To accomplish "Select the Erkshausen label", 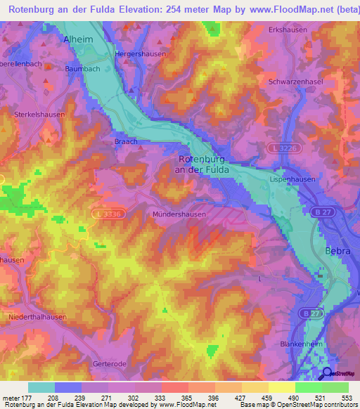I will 288,30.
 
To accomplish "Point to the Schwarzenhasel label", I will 295,82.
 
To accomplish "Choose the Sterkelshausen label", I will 39,114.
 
